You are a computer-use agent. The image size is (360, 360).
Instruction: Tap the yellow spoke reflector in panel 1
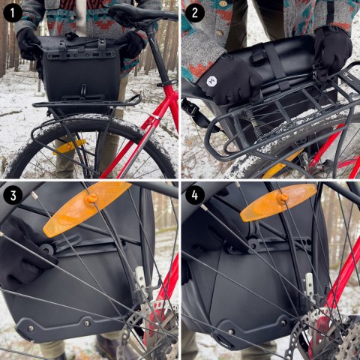68,146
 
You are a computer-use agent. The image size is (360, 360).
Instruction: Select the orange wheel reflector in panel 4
277,202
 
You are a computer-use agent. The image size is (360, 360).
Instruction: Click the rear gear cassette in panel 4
330,337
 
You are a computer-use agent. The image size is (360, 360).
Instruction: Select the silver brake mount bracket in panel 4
309,289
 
